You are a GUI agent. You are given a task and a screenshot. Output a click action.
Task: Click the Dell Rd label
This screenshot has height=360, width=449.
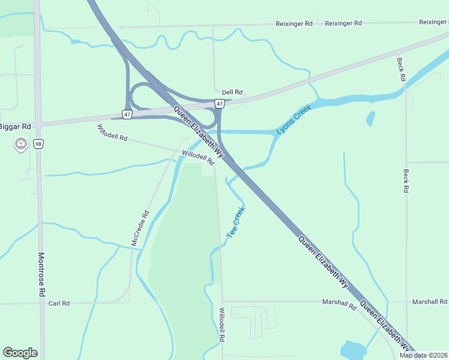232,92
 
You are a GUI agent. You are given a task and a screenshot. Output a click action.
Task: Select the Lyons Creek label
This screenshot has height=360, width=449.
295,121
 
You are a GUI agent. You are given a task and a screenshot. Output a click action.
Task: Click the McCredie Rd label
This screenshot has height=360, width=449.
139,227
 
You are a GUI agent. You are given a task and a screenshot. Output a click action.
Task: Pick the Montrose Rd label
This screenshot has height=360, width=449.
41,274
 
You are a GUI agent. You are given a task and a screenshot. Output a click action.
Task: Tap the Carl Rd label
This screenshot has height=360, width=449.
59,304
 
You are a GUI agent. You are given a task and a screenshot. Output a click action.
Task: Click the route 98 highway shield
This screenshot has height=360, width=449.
38,144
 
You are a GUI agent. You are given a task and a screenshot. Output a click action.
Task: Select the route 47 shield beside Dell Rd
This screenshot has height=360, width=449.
220,104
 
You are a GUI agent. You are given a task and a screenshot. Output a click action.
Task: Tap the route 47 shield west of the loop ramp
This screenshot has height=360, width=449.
127,113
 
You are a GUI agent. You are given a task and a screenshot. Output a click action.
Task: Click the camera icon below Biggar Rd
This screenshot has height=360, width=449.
21,143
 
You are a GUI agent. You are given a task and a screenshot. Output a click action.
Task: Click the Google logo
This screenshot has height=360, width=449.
20,353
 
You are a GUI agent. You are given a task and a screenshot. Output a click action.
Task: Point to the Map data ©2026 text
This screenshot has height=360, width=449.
424,355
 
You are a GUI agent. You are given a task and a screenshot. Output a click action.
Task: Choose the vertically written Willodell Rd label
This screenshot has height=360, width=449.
221,325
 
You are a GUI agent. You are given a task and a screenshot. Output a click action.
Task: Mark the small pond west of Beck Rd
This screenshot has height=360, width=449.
370,118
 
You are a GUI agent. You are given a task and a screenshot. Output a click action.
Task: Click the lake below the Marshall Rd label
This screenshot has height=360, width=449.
350,350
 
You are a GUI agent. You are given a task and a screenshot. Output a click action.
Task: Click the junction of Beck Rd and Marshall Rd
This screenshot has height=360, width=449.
406,302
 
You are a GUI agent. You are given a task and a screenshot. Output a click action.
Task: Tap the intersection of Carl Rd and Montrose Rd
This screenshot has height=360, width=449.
40,304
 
